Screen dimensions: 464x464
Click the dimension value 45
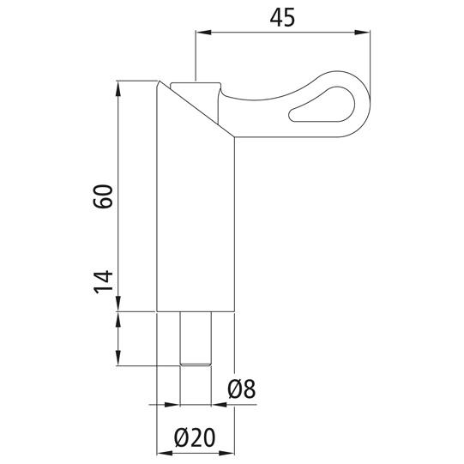point(282,17)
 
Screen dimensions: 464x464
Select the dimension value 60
point(103,196)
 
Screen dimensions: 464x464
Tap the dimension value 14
point(103,282)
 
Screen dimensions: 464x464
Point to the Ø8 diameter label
point(242,389)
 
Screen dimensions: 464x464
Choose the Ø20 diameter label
point(195,437)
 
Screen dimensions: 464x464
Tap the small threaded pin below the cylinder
point(196,339)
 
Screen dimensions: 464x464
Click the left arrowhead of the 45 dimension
point(203,33)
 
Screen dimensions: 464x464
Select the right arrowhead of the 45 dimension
point(362,33)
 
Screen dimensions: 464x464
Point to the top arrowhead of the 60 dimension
point(118,88)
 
